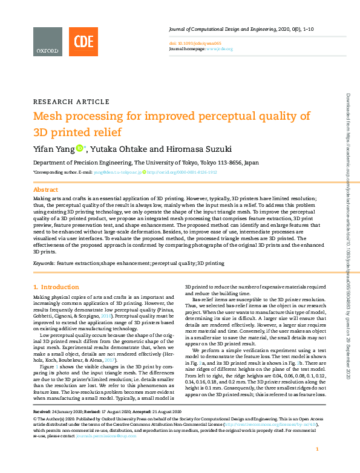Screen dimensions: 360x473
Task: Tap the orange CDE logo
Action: (x=83, y=42)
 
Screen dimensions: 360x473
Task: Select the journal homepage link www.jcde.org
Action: (x=220, y=48)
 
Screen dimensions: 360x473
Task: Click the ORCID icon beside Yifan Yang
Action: (x=80, y=148)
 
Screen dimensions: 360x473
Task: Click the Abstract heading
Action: (x=45, y=189)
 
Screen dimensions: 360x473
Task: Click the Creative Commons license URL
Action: (x=272, y=425)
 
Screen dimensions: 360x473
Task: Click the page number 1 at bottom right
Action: (x=318, y=466)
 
